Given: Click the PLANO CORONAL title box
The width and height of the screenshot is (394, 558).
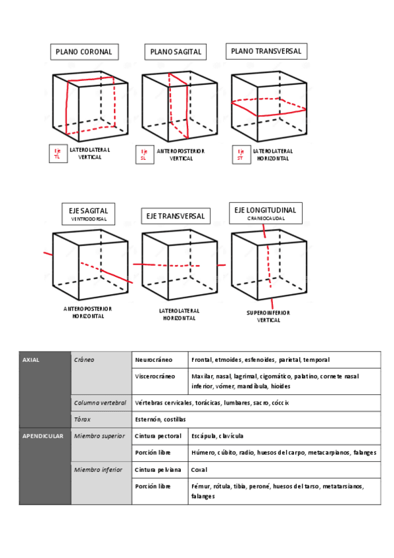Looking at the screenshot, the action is pos(84,52).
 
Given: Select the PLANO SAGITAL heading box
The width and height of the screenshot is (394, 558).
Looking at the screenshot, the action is pos(176,52).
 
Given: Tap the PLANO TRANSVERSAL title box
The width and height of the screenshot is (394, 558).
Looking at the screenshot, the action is pos(266,51).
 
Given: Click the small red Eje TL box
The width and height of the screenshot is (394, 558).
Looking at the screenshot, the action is pos(59,154).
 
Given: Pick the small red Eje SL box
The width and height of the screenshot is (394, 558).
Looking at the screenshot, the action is pos(145,155).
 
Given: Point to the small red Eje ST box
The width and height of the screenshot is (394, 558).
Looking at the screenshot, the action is pos(241,155).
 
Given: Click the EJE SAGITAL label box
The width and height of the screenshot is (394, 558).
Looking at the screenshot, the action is pos(89,214).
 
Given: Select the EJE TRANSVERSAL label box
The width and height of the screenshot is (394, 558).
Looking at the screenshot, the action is pos(176,216).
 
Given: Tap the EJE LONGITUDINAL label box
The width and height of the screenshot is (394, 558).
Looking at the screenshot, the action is pos(266,213).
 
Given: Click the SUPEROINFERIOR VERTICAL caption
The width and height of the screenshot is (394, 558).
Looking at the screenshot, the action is pos(268,317).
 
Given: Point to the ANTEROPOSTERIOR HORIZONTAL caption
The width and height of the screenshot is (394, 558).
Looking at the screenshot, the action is pos(88,313).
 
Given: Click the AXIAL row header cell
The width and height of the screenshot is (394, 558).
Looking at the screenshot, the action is pos(45,390).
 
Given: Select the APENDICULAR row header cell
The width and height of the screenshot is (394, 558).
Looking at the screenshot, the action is pos(45,466).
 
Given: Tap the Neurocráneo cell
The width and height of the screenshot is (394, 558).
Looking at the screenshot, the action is pos(160,360).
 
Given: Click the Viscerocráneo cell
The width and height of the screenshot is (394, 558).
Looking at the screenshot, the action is pos(160,382).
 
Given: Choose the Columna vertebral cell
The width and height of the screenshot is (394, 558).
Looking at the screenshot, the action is pos(101,403).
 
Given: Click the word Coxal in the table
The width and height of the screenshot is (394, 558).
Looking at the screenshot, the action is pos(199,470).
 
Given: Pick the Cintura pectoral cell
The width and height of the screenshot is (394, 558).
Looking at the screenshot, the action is pos(160,436).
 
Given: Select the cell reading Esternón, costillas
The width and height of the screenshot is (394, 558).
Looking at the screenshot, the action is pos(256,420).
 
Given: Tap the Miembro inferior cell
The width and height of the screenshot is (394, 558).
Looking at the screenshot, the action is pos(101,483).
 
